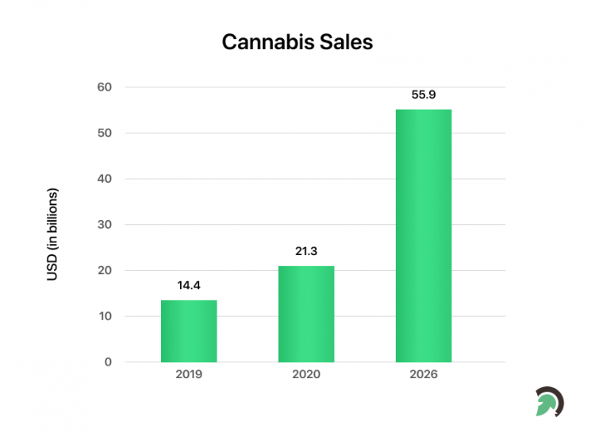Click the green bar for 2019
click(x=189, y=331)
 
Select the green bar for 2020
click(x=306, y=314)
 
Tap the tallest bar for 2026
click(x=424, y=236)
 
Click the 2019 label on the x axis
click(x=189, y=374)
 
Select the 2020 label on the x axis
click(x=306, y=374)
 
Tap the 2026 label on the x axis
click(x=424, y=374)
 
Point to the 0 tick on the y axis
click(x=108, y=362)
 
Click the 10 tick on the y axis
click(x=105, y=316)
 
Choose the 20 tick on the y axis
click(x=105, y=270)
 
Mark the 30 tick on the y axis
click(x=105, y=225)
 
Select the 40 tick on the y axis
click(x=105, y=179)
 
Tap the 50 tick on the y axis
click(x=105, y=133)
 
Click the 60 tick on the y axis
click(x=105, y=87)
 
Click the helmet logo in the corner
click(x=548, y=401)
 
